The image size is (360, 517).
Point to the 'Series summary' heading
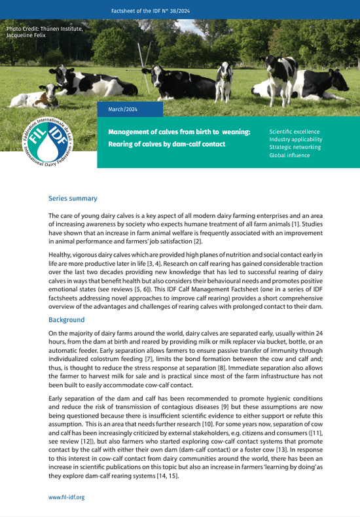click(x=73, y=198)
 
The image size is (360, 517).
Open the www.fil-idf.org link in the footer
click(x=67, y=497)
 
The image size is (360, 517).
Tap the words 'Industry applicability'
click(x=295, y=139)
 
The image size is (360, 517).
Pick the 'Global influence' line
click(x=289, y=156)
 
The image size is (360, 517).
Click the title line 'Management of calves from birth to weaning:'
click(x=179, y=132)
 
